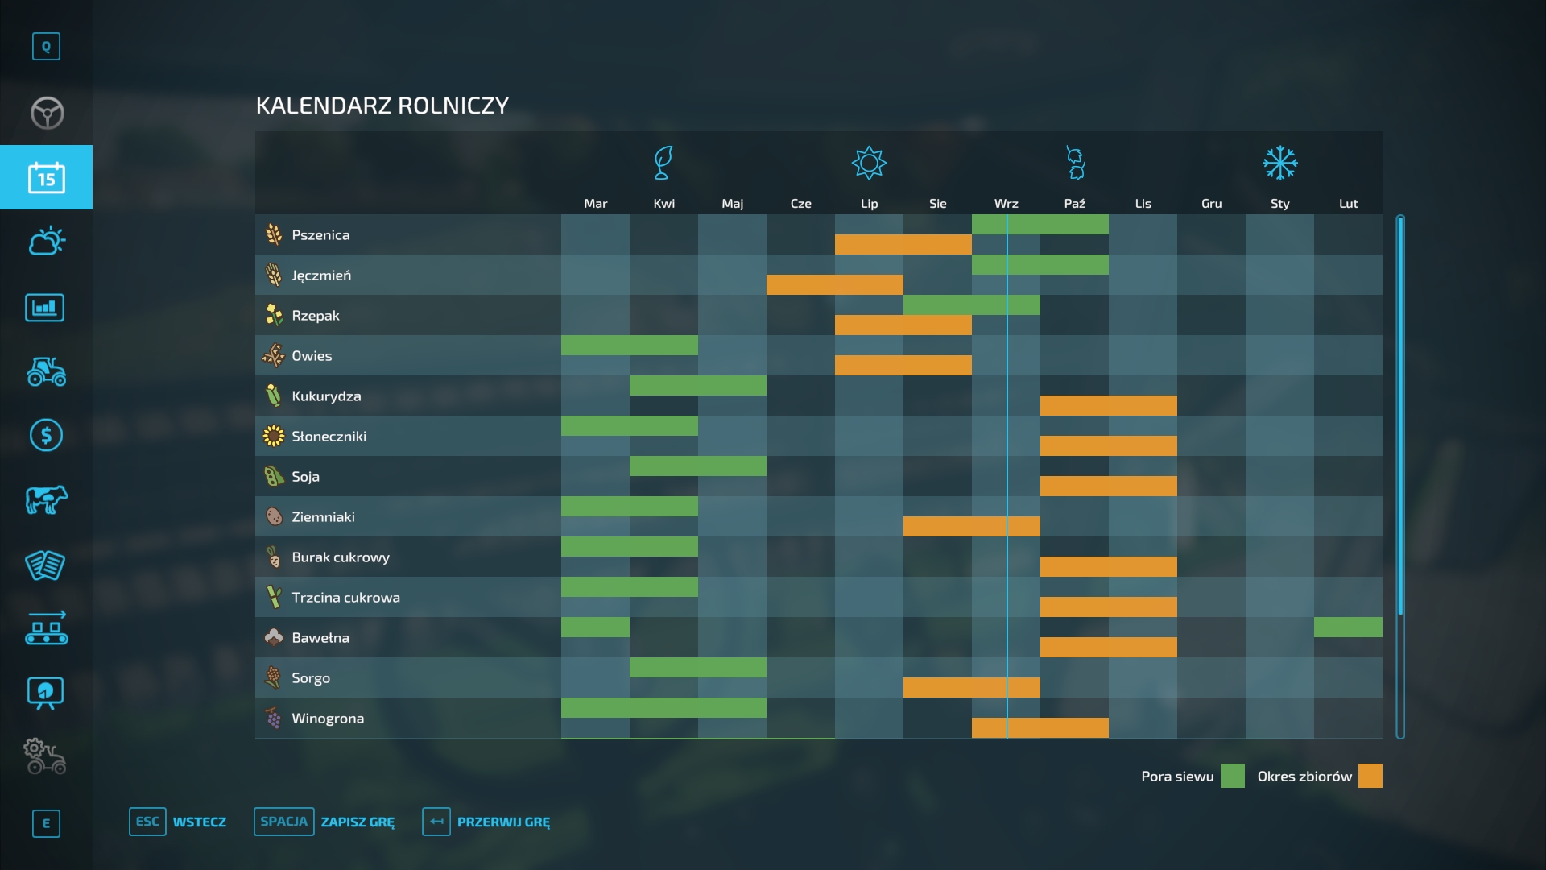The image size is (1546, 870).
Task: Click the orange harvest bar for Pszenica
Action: pos(903,244)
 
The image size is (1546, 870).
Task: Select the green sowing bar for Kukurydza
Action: pos(697,385)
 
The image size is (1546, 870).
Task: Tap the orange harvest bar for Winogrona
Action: pos(1040,727)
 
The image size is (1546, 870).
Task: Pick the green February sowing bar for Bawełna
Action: pos(1348,627)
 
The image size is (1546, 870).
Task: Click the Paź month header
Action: pos(1074,204)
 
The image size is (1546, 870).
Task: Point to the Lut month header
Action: pos(1348,204)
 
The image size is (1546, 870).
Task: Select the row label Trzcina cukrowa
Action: pos(345,598)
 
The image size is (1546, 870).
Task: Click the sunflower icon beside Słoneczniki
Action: pos(274,436)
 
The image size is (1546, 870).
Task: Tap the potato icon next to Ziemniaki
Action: pos(274,516)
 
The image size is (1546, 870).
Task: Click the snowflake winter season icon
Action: pos(1279,163)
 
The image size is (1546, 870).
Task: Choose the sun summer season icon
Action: pos(869,163)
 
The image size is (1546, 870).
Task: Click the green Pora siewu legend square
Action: pos(1232,776)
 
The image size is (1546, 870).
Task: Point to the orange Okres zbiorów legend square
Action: pos(1370,776)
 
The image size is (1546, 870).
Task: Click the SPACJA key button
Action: pos(283,822)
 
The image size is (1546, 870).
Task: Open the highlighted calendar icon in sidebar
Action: pos(46,177)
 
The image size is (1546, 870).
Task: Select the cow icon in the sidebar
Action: pos(46,500)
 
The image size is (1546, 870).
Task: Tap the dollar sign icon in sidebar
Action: pos(46,435)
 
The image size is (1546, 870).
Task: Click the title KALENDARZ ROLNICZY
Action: pos(382,106)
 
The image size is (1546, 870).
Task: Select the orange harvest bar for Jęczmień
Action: pos(834,284)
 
